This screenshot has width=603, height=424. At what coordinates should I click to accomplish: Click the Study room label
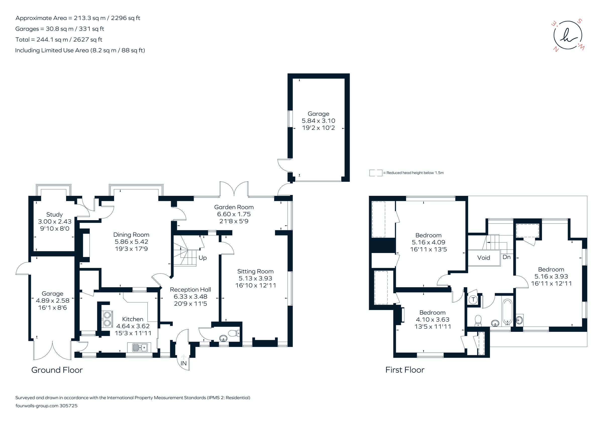click(54, 214)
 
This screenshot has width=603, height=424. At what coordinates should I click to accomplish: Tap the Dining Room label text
click(131, 234)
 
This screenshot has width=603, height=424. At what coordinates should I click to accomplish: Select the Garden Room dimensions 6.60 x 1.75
click(234, 214)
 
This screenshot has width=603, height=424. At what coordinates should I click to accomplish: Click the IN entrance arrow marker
click(184, 357)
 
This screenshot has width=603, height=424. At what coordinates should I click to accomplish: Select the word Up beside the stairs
click(203, 258)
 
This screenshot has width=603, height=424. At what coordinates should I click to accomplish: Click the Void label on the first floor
click(483, 258)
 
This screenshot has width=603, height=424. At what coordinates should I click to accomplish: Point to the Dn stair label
click(506, 257)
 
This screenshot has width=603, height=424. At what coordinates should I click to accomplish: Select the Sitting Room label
click(255, 271)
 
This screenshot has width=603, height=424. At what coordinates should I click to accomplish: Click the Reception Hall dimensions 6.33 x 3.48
click(190, 296)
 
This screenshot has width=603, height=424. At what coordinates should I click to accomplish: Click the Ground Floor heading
click(57, 370)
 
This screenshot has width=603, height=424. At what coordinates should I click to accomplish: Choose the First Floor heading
click(405, 370)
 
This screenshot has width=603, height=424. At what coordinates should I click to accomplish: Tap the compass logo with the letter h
click(568, 35)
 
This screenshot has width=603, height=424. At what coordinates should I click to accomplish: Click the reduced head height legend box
click(376, 173)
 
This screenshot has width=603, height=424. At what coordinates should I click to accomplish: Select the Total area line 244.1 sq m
click(59, 40)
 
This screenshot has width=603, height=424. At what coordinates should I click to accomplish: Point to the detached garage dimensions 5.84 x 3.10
click(318, 121)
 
